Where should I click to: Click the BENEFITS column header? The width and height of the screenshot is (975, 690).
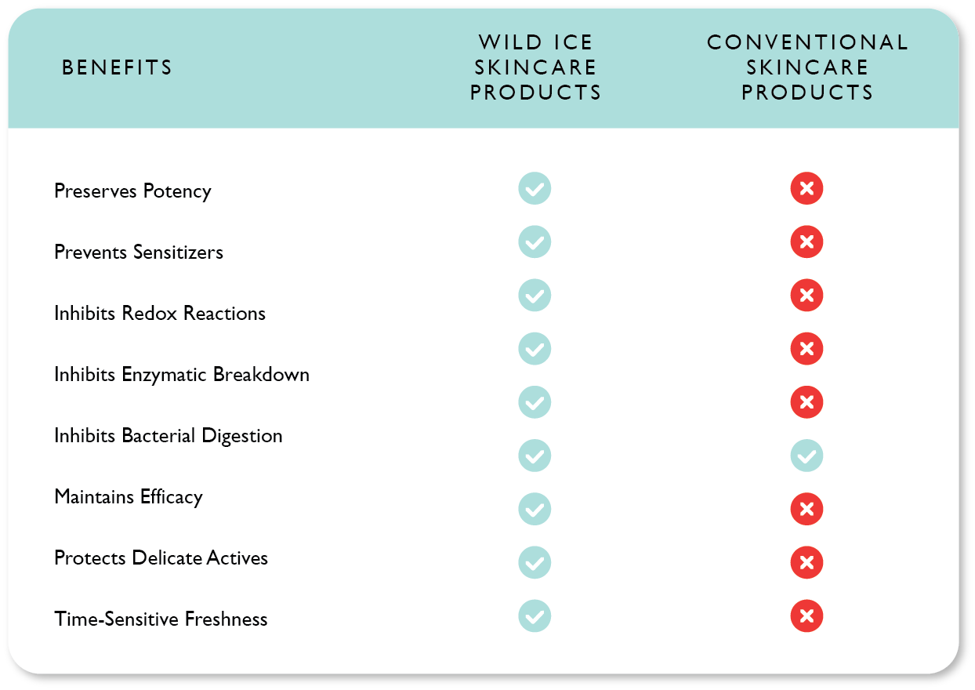117,67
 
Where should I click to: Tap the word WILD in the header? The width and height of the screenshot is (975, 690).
510,42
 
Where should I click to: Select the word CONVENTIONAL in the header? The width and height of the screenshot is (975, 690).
807,42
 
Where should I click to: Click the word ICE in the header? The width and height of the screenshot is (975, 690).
573,42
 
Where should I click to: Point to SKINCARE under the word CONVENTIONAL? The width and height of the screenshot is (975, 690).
807,67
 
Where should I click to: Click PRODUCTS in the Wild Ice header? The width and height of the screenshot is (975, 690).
535,93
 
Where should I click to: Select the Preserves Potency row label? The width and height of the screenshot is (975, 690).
132,191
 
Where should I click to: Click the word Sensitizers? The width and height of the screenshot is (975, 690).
178,252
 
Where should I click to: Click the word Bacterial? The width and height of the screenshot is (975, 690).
158,435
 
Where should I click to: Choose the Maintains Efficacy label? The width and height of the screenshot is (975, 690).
129,497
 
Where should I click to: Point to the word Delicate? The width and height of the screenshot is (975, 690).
167,557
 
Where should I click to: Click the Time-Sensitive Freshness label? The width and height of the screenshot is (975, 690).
161,619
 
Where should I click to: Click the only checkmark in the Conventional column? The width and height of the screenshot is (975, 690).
806,456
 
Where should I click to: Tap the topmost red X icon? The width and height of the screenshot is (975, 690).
806,188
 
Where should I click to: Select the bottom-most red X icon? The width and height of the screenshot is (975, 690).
806,616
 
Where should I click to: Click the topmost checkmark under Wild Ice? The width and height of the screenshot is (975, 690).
535,188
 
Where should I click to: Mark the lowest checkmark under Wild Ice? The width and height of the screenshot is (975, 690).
535,616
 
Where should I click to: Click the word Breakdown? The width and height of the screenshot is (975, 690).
261,374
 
